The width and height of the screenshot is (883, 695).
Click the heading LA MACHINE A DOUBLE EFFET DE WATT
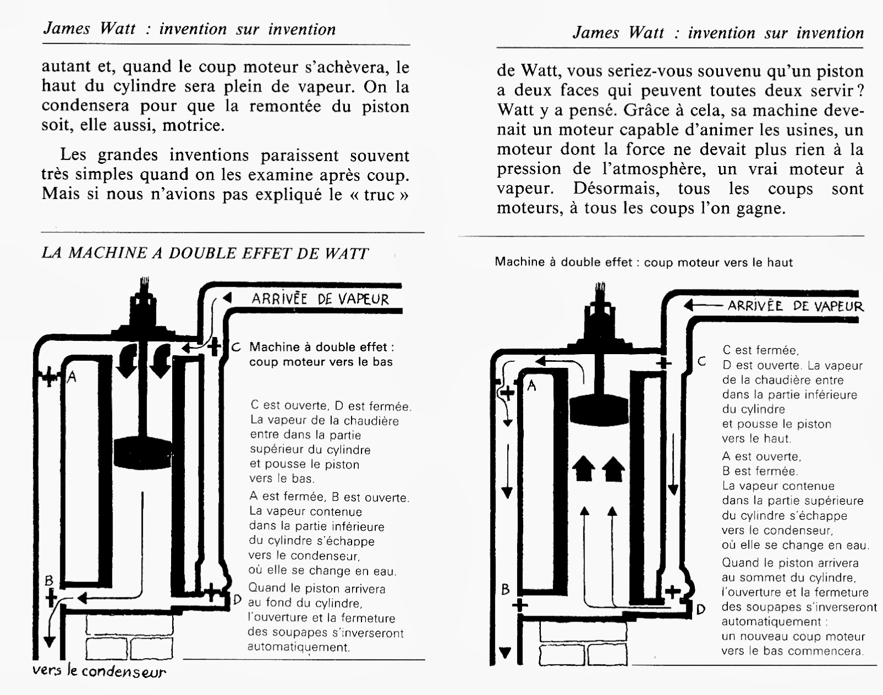point(205,253)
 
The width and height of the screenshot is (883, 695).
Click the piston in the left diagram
point(142,451)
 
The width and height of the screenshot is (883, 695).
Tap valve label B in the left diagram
point(49,580)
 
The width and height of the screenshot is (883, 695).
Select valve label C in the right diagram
point(701,362)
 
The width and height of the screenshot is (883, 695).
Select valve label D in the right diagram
point(700,610)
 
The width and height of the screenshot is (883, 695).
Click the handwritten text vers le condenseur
point(99,671)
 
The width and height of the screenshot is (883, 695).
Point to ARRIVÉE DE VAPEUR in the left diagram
point(320,299)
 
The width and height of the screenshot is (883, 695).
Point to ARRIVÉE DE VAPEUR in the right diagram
point(795,306)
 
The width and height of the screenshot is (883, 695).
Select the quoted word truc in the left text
point(380,194)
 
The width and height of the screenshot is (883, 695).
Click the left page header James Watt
point(89,29)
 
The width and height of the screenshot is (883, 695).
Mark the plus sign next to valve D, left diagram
point(212,592)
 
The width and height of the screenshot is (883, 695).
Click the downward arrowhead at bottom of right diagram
point(505,653)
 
